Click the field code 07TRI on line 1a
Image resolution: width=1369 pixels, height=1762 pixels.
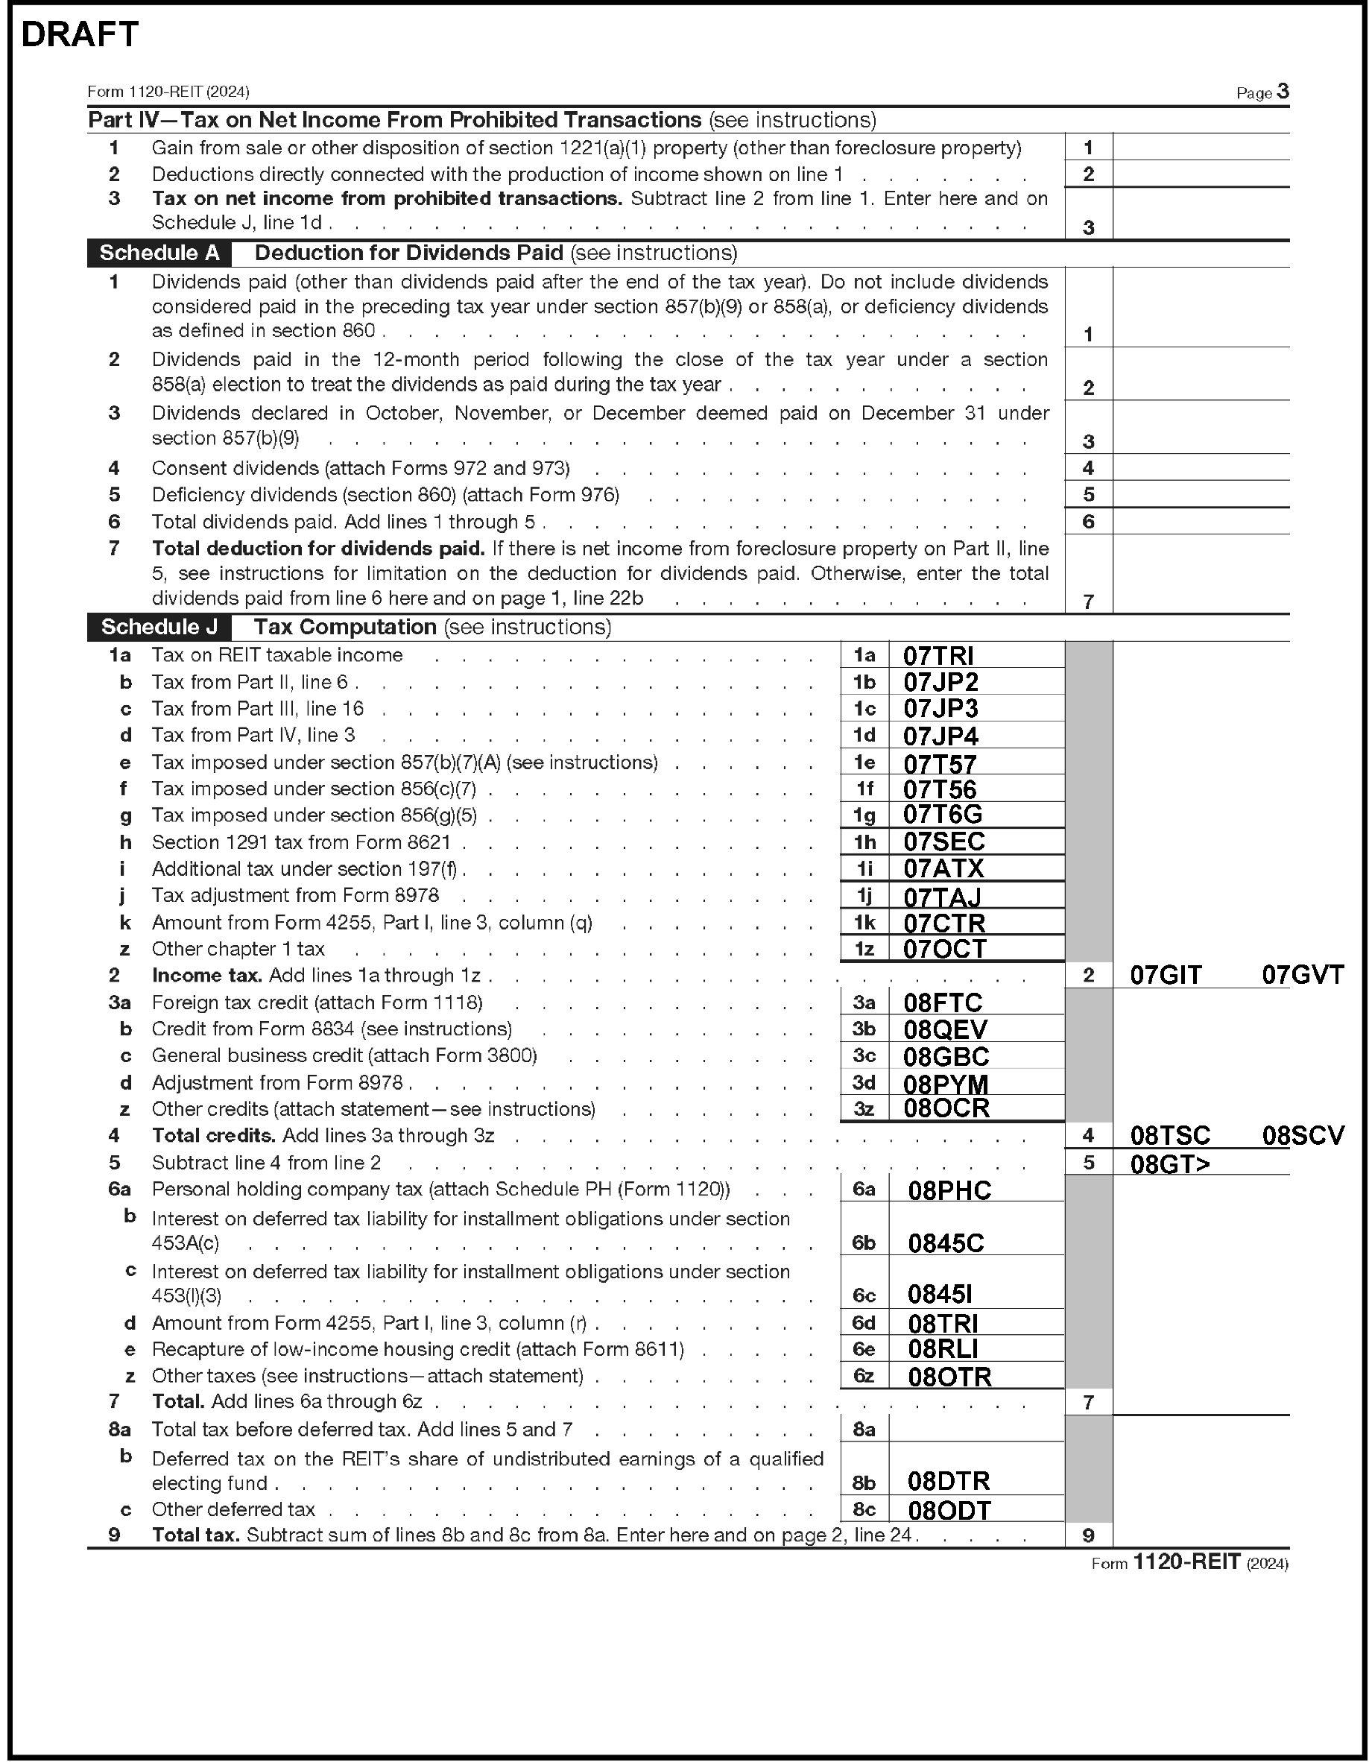[x=938, y=656]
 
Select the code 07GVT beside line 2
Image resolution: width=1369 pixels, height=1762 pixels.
[x=1302, y=976]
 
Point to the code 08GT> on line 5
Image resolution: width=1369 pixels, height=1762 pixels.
[x=1170, y=1163]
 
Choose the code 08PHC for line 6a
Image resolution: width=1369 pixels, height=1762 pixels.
[x=949, y=1191]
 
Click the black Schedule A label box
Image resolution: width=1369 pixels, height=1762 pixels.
[x=159, y=253]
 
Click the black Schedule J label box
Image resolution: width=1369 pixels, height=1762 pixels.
[x=159, y=627]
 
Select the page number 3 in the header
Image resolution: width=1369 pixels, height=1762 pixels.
[x=1283, y=92]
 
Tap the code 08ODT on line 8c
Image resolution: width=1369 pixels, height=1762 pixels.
[x=949, y=1510]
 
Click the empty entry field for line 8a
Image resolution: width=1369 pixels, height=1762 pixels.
[x=976, y=1429]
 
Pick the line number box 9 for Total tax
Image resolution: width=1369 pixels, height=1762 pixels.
[x=1088, y=1535]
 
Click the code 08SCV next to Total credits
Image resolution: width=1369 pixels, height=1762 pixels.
[x=1303, y=1136]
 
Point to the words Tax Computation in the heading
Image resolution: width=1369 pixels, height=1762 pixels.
[x=345, y=627]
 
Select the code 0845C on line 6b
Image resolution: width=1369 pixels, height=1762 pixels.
[x=946, y=1243]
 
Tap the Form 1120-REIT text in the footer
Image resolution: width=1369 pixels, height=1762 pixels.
[x=1186, y=1563]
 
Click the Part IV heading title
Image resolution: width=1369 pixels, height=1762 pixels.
[x=394, y=120]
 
